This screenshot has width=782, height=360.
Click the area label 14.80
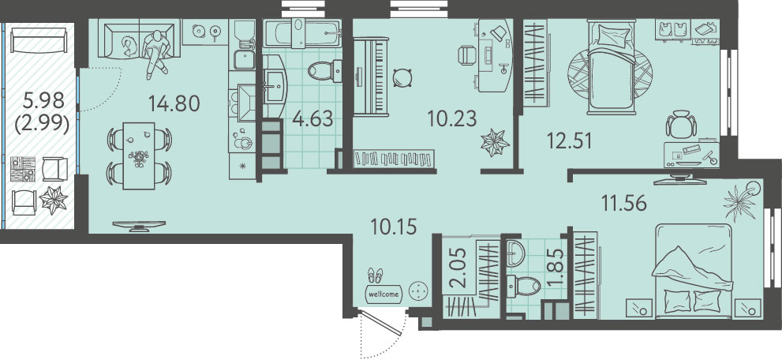tap(174, 103)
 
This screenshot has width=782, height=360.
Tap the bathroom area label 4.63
tap(312, 119)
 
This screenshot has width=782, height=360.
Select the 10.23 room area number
tap(452, 118)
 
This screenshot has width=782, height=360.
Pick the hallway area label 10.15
tap(394, 226)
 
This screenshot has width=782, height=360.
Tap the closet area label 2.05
tap(459, 268)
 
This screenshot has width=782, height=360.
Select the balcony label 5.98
tap(44, 102)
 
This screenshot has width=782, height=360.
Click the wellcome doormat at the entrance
tap(384, 294)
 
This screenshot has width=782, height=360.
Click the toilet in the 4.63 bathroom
tap(324, 71)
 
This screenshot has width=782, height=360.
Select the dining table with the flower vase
tap(139, 156)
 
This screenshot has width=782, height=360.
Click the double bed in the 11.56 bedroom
tap(694, 271)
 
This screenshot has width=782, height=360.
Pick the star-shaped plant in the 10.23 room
tap(495, 143)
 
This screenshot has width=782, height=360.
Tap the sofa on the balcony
tap(39, 40)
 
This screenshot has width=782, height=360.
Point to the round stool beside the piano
tap(402, 77)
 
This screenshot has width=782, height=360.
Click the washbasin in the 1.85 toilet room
tap(515, 253)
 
